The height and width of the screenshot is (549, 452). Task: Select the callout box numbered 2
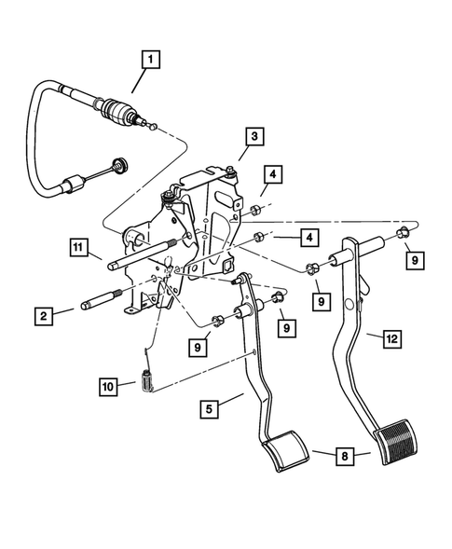[43, 315]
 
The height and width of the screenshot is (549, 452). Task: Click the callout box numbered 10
[108, 383]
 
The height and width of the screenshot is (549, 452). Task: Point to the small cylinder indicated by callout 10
[145, 382]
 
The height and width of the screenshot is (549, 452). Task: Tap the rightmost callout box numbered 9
[412, 262]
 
